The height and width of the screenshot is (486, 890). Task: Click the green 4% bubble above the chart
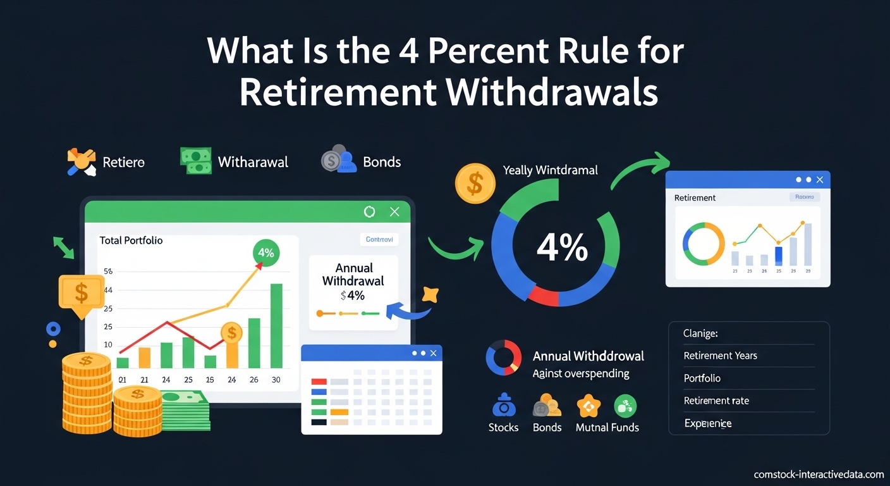tap(266, 252)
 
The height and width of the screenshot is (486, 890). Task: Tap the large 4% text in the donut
tap(562, 248)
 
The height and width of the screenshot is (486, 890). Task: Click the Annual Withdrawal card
tap(353, 292)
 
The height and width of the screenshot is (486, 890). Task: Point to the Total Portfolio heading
tap(131, 240)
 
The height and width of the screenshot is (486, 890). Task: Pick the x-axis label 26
tap(253, 380)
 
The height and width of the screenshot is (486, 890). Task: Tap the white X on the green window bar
tap(394, 212)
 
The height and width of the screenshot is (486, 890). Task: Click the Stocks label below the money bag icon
tap(503, 427)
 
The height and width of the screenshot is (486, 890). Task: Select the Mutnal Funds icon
tap(588, 406)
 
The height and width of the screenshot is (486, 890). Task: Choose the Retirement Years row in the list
tap(721, 356)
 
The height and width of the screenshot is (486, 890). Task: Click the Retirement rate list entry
tap(716, 401)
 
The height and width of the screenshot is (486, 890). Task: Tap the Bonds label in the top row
tap(382, 161)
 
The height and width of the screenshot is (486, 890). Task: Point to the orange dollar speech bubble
tap(81, 293)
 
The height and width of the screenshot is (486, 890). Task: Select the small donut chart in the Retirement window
tap(704, 244)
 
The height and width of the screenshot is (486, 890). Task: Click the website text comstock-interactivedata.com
tap(819, 474)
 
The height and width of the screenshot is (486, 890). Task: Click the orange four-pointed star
tap(429, 294)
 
